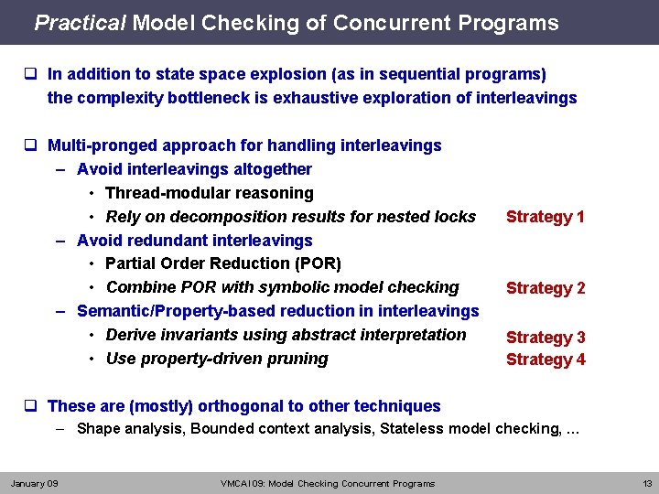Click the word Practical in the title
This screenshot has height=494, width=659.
[80, 23]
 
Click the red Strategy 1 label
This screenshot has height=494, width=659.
[546, 217]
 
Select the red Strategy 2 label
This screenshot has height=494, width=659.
[546, 288]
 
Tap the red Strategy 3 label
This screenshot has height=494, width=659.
[546, 338]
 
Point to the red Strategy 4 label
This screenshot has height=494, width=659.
[546, 360]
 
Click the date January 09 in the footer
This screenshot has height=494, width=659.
[35, 483]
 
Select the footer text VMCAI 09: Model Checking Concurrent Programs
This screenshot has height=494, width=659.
[328, 483]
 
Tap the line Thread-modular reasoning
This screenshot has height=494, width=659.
[210, 193]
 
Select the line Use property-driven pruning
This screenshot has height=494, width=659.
[217, 359]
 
